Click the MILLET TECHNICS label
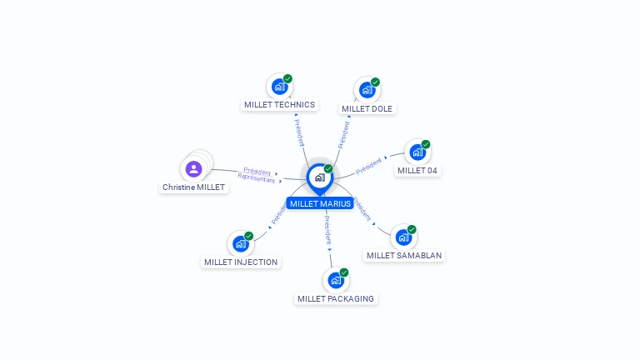[x=280, y=105]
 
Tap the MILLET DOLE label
[x=367, y=108]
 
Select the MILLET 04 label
[x=417, y=171]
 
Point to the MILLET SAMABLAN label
[x=404, y=256]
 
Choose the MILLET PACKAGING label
[x=336, y=298]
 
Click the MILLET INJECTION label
[x=241, y=262]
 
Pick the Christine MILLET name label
[x=193, y=187]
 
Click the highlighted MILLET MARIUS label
[x=320, y=203]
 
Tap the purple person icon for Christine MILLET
[x=194, y=169]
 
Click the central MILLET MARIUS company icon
[x=319, y=177]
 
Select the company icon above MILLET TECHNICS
[x=279, y=86]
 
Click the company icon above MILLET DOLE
[x=367, y=90]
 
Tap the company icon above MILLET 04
[x=417, y=152]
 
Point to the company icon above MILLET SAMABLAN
[x=403, y=237]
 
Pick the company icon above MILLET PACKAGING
[x=335, y=280]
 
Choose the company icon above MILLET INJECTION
[x=240, y=243]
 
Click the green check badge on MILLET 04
[x=426, y=144]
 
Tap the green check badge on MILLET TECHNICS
[x=287, y=78]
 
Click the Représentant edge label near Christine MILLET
[x=256, y=178]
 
